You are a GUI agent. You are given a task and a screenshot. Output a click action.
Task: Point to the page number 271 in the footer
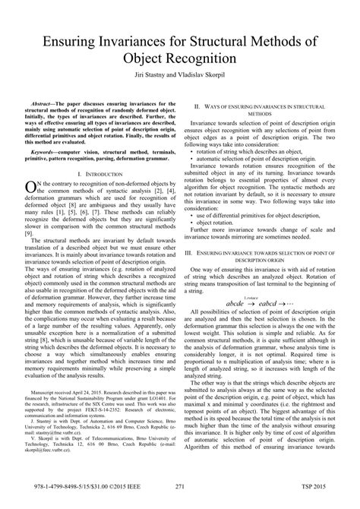point(179,487)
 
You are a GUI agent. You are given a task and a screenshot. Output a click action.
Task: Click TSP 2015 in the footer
point(319,487)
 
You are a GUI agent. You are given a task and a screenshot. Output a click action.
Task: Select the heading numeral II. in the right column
point(197,109)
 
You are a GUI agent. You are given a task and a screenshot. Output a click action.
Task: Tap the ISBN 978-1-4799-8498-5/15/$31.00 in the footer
point(61,487)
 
